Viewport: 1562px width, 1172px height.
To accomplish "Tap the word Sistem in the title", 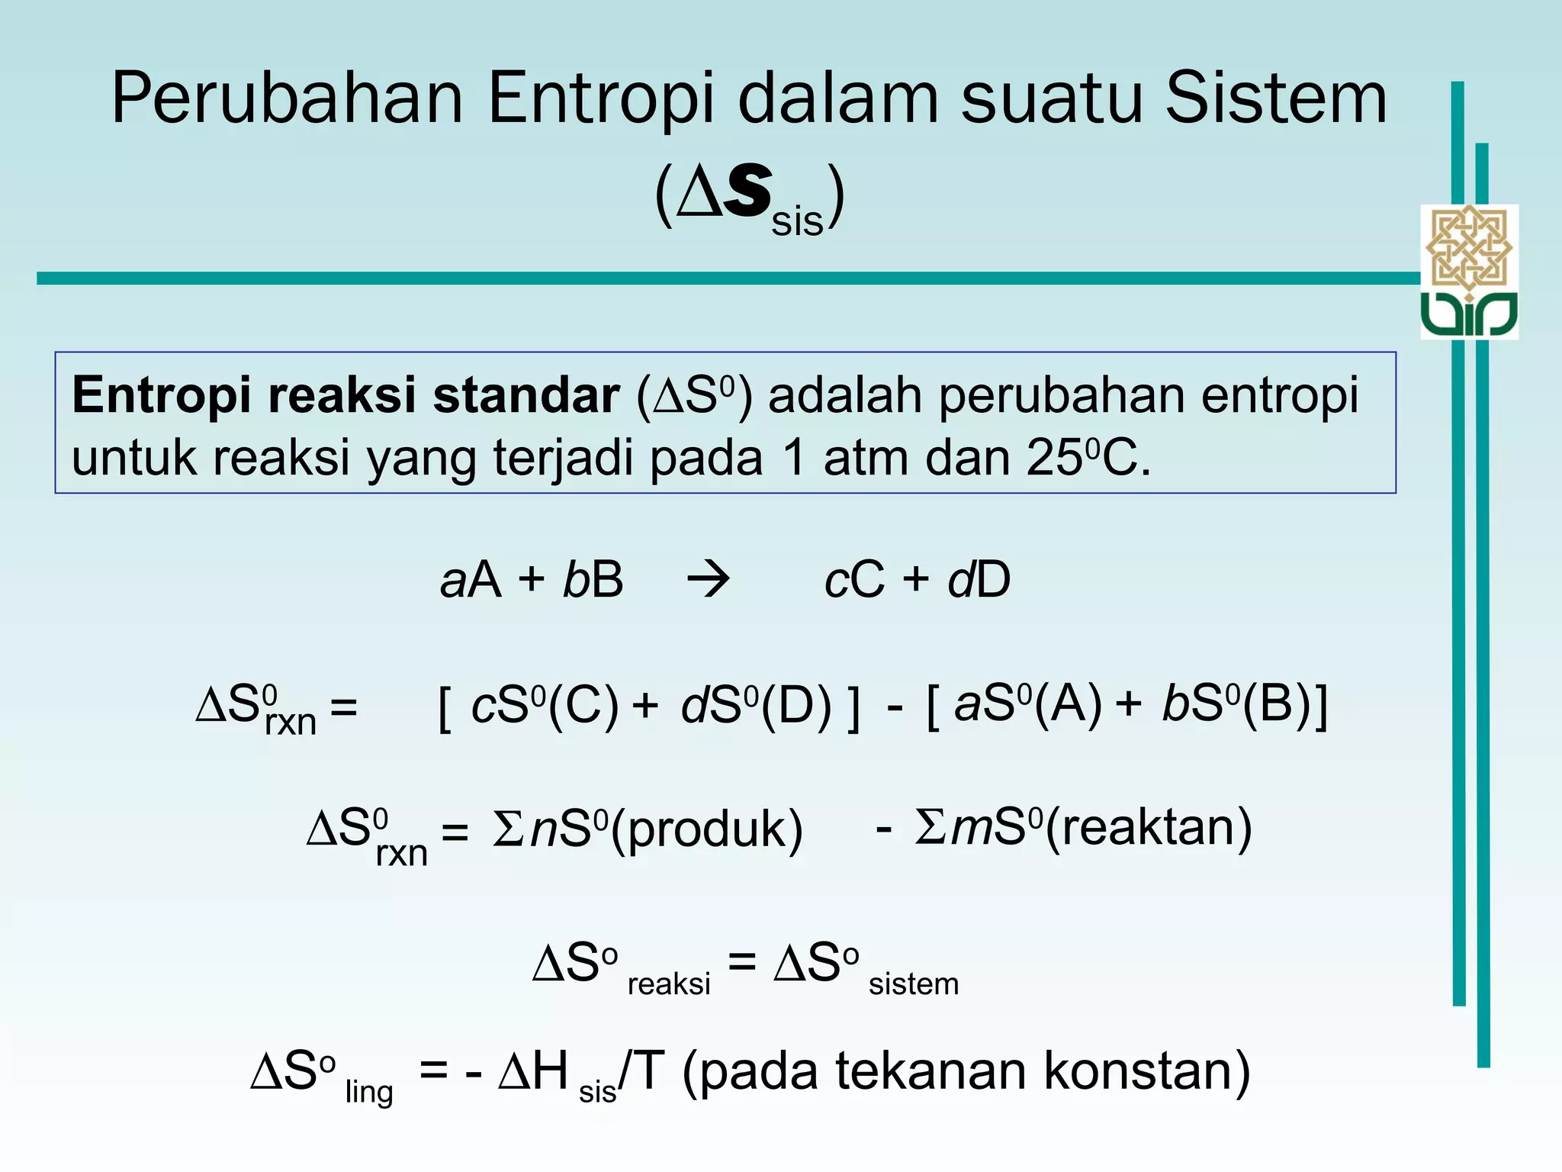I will (x=1276, y=99).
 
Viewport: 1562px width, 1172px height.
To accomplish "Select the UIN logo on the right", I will (x=1469, y=272).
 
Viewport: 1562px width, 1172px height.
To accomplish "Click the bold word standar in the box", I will (x=525, y=396).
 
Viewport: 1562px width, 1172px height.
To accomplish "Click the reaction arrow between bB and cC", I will (x=709, y=580).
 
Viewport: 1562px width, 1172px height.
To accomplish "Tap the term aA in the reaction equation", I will (x=471, y=580).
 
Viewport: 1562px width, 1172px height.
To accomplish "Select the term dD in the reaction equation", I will (x=979, y=580).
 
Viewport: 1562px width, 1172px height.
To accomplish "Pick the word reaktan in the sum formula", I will (x=1149, y=829).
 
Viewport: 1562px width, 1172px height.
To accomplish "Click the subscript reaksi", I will (x=669, y=984).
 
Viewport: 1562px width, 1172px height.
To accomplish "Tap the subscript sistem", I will (x=914, y=984).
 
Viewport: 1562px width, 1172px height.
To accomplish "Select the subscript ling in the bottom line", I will (x=369, y=1093).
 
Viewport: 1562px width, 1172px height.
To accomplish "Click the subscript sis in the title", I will (x=797, y=222).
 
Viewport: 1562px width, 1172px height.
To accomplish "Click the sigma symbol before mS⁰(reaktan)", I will (x=930, y=827).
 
